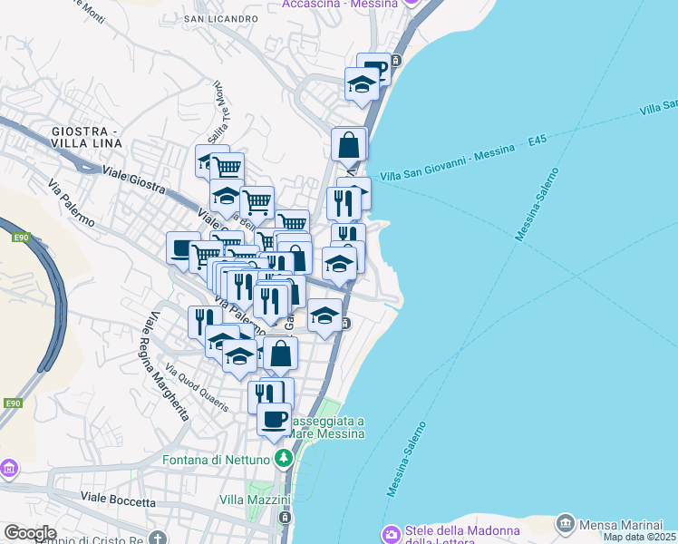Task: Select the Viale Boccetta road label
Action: pos(118,500)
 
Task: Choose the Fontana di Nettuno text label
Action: pos(218,460)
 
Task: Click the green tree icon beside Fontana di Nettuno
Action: pos(286,459)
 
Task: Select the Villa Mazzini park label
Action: pos(255,500)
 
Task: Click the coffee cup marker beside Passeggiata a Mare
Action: pos(275,419)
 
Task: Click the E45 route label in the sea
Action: pos(538,142)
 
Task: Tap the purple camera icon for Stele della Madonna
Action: pos(391,532)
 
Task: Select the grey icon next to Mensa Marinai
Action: pos(566,523)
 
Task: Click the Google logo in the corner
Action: pos(30,533)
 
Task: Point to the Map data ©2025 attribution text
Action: pos(639,537)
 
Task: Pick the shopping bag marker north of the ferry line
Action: pos(349,143)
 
